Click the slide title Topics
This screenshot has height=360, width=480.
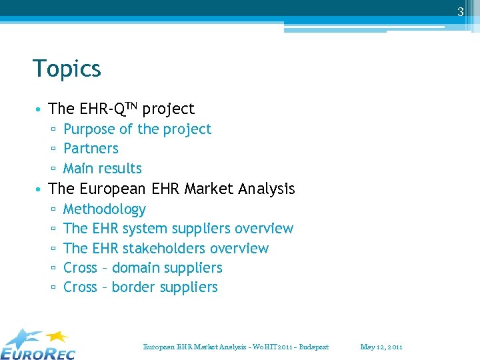(67, 69)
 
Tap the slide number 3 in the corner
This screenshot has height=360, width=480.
(460, 12)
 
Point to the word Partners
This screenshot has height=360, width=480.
(91, 149)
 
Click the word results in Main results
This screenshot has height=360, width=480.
(121, 169)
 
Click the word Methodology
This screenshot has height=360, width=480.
(104, 209)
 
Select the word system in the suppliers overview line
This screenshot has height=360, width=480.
(146, 229)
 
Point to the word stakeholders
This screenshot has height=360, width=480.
(164, 249)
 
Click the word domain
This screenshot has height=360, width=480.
(134, 268)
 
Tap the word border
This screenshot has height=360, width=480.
(133, 287)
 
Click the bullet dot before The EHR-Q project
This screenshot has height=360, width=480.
(41, 109)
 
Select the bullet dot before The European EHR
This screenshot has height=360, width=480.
(41, 190)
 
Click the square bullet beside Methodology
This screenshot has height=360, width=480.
(53, 210)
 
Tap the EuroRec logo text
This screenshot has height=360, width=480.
(39, 352)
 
